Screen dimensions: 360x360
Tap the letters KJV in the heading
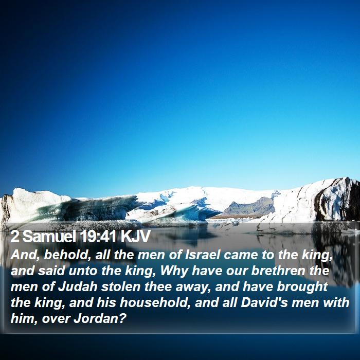[x=136, y=236]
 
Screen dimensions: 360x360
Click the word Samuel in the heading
[x=49, y=236]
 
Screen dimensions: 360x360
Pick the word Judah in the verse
[x=78, y=287]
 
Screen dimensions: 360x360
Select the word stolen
[x=121, y=287]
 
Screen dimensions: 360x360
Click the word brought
[x=302, y=287]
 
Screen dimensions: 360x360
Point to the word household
[x=155, y=302]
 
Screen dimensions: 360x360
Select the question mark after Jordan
[x=123, y=318]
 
